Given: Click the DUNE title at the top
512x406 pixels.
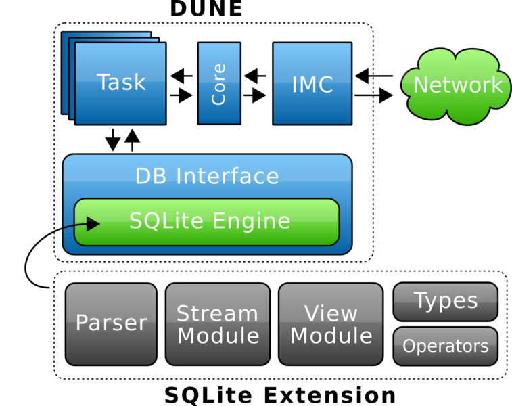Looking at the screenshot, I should pyautogui.click(x=206, y=8).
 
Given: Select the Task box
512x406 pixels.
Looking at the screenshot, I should pyautogui.click(x=120, y=83).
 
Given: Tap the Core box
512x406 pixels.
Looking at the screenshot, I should pyautogui.click(x=218, y=83).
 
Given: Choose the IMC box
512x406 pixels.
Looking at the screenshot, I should pyautogui.click(x=312, y=83).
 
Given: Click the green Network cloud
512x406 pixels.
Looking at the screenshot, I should pyautogui.click(x=457, y=85).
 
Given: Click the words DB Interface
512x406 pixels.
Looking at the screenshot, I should pyautogui.click(x=206, y=176).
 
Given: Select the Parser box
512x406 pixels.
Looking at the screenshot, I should pyautogui.click(x=111, y=323).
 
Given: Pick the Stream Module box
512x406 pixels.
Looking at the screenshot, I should pyautogui.click(x=218, y=324).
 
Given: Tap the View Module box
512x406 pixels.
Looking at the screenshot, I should pyautogui.click(x=331, y=324).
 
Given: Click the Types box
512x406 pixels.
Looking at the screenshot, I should pyautogui.click(x=445, y=301).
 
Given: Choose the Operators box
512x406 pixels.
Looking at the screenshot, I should pyautogui.click(x=445, y=346).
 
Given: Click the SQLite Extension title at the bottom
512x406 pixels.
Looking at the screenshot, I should pyautogui.click(x=280, y=395).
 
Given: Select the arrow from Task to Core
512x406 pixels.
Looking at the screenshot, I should pyautogui.click(x=181, y=95).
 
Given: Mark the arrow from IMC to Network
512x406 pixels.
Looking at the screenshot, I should pyautogui.click(x=373, y=95).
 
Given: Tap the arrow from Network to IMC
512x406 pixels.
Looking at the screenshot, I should pyautogui.click(x=373, y=75).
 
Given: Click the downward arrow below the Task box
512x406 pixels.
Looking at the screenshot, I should pyautogui.click(x=113, y=140).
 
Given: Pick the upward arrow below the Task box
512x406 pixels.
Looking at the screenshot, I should pyautogui.click(x=133, y=140).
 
